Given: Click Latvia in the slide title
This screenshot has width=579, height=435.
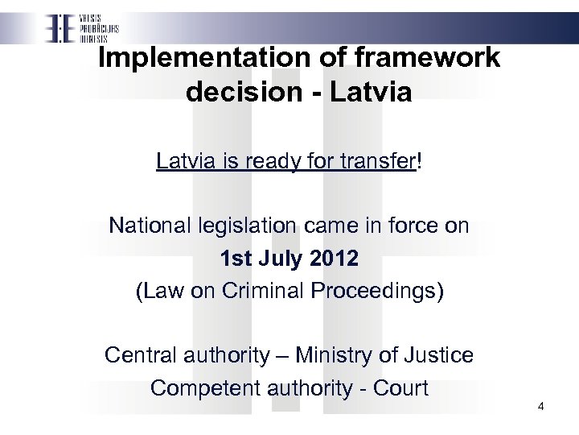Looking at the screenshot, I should (372, 92).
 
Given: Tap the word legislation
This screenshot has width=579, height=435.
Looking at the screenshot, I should (243, 226).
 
